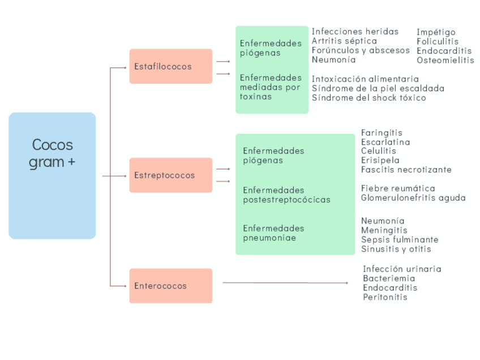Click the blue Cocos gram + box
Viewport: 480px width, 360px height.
pyautogui.click(x=52, y=175)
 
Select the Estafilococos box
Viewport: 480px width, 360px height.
pyautogui.click(x=170, y=66)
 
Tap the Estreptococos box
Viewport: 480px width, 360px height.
pyautogui.click(x=170, y=175)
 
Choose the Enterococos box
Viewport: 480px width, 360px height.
pyautogui.click(x=170, y=286)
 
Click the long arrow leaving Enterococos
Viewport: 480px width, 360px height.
pyautogui.click(x=285, y=282)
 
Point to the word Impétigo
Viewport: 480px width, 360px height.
pyautogui.click(x=436, y=32)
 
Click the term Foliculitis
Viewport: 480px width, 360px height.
pyautogui.click(x=438, y=41)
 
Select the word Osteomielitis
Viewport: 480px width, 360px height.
pyautogui.click(x=445, y=60)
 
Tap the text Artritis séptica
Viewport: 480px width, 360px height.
pyautogui.click(x=344, y=41)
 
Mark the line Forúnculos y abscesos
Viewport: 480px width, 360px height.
pyautogui.click(x=361, y=50)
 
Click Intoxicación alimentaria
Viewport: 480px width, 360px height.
pyautogui.click(x=365, y=79)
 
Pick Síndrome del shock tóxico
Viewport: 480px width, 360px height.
pyautogui.click(x=368, y=97)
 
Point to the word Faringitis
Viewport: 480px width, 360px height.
pyautogui.click(x=382, y=132)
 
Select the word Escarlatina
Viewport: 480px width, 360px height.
pyautogui.click(x=385, y=142)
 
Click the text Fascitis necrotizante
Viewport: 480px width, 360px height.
pyautogui.click(x=406, y=169)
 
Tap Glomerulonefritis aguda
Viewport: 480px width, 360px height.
pyautogui.click(x=413, y=198)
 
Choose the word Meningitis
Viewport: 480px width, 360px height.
pyautogui.click(x=384, y=230)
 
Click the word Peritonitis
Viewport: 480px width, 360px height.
pyautogui.click(x=385, y=297)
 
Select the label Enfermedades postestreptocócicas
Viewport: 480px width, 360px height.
pyautogui.click(x=286, y=195)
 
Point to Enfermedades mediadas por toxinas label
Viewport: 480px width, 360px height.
pyautogui.click(x=270, y=87)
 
